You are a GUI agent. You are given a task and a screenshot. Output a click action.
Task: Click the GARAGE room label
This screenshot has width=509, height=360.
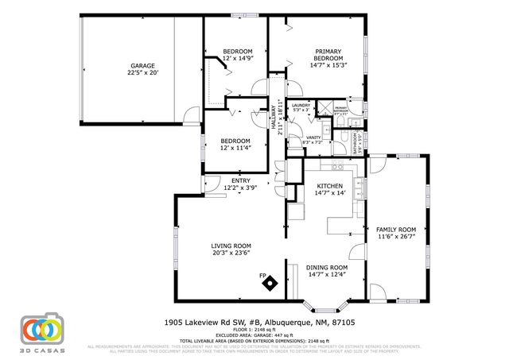(142, 66)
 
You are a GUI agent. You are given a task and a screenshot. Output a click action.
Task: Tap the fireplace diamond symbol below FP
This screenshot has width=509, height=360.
(270, 284)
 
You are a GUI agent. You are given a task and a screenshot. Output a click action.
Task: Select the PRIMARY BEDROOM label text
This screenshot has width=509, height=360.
(328, 55)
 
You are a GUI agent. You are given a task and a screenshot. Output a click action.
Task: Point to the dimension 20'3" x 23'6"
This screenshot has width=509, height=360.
(231, 254)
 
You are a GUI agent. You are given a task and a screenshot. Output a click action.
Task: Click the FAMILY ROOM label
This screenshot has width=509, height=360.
(395, 230)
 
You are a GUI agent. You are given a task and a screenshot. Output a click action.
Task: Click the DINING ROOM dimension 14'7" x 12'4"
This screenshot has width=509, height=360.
(327, 275)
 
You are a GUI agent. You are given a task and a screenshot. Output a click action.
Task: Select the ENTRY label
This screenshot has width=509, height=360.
(240, 181)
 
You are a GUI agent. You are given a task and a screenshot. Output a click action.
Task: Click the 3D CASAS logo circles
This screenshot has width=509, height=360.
(41, 328)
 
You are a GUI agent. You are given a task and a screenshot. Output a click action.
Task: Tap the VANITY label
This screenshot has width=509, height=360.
(313, 137)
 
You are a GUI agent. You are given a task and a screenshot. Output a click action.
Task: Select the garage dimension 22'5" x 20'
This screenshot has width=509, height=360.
(142, 73)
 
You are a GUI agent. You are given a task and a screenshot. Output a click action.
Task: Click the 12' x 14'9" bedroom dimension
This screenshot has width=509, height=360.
(237, 59)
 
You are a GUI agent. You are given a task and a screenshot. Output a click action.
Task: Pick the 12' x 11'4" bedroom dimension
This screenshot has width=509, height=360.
(236, 147)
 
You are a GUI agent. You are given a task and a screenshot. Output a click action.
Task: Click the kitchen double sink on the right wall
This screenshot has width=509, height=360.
(359, 188)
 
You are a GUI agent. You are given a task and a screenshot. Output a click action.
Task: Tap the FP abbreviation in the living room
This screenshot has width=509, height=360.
(262, 276)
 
